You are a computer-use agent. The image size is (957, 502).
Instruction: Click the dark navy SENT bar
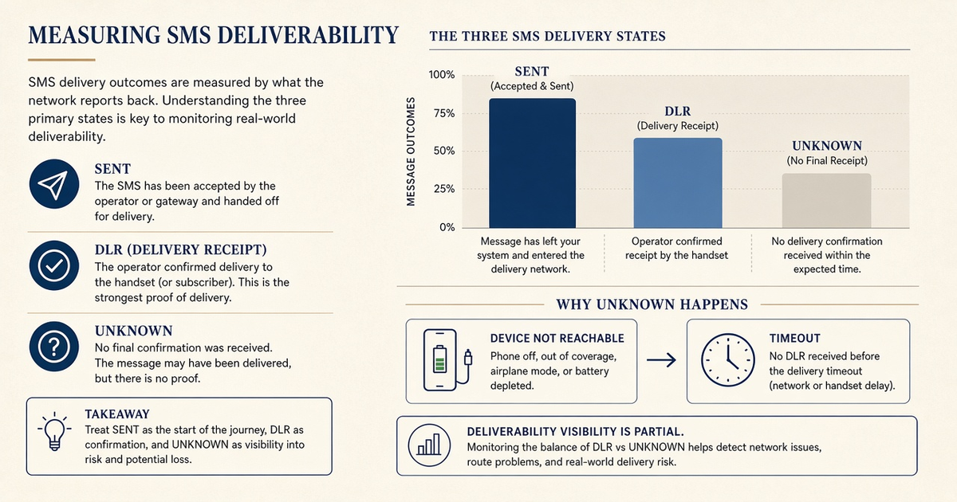(x=533, y=163)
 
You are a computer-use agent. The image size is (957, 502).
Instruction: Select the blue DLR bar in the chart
(x=678, y=182)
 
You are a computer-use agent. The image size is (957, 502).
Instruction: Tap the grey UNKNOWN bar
(x=827, y=201)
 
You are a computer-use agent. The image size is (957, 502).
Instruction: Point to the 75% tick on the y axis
(x=444, y=113)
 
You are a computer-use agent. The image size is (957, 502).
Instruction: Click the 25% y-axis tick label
(x=444, y=189)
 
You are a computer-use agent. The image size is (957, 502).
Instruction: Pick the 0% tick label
(x=447, y=227)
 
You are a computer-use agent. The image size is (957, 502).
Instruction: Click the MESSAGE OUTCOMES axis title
(x=411, y=151)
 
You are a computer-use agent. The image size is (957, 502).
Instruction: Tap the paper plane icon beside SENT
(x=54, y=184)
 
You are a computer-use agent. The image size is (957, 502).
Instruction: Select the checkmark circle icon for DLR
(x=54, y=265)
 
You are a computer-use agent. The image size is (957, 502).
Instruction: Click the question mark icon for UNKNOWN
(x=54, y=346)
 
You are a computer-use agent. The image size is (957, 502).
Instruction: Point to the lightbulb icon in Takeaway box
(x=54, y=431)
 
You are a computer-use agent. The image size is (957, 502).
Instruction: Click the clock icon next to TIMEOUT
(x=728, y=360)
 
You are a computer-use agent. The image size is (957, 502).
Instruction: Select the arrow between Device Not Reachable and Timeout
(x=661, y=360)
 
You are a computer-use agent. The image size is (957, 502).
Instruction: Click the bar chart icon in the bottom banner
(x=429, y=445)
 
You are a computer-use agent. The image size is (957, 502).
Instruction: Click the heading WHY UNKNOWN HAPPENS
(x=652, y=304)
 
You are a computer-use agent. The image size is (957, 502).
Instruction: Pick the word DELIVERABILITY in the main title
(x=308, y=35)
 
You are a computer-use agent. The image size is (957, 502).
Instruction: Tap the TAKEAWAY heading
(x=117, y=414)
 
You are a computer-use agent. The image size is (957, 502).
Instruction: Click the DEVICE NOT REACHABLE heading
(x=557, y=339)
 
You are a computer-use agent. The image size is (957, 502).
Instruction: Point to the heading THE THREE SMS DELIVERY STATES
(x=547, y=36)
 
